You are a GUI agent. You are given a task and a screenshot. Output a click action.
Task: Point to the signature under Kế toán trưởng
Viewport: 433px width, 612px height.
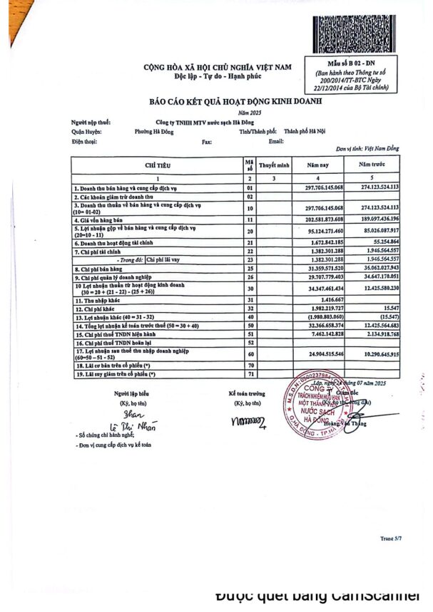247,422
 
